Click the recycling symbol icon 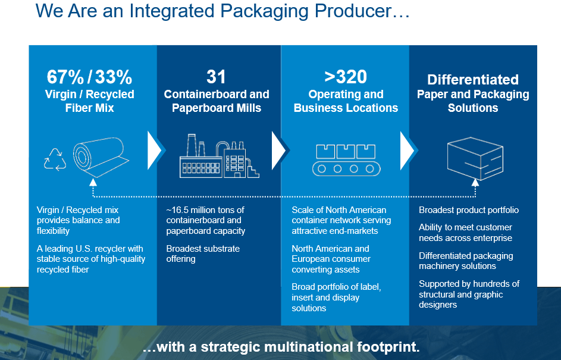pyautogui.click(x=55, y=159)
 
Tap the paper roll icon pyautogui.click(x=101, y=157)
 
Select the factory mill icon pyautogui.click(x=220, y=156)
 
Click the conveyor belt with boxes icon pyautogui.click(x=346, y=160)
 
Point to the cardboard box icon pyautogui.click(x=475, y=158)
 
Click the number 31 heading pyautogui.click(x=216, y=77)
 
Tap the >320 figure pyautogui.click(x=346, y=77)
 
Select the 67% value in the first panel pyautogui.click(x=65, y=77)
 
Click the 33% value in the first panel pyautogui.click(x=114, y=77)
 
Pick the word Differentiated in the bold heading pyautogui.click(x=473, y=80)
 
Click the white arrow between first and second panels pyautogui.click(x=156, y=151)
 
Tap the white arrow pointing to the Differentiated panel pyautogui.click(x=409, y=151)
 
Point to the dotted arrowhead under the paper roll pyautogui.click(x=93, y=182)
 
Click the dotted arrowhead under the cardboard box pyautogui.click(x=475, y=183)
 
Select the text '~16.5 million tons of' pyautogui.click(x=205, y=210)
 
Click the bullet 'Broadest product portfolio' pyautogui.click(x=469, y=210)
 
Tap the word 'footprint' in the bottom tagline pyautogui.click(x=388, y=347)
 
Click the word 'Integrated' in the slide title pyautogui.click(x=172, y=11)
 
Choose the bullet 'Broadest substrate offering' pyautogui.click(x=203, y=253)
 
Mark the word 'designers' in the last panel pyautogui.click(x=438, y=305)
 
